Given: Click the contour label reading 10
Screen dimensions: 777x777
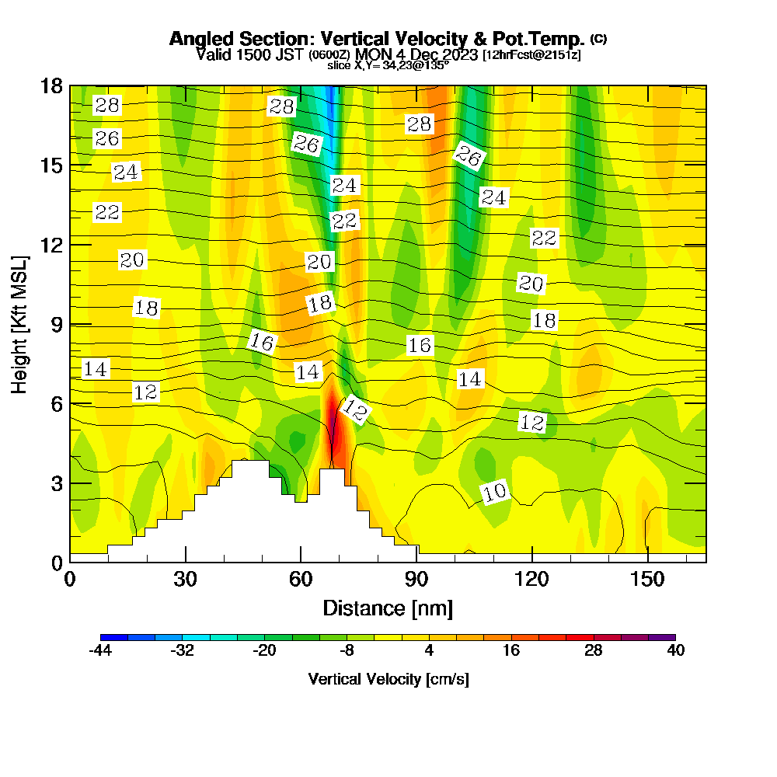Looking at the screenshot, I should (x=495, y=492).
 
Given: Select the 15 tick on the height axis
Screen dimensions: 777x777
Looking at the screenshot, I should (x=52, y=166).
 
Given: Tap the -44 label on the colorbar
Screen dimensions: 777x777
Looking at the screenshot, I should (x=101, y=651).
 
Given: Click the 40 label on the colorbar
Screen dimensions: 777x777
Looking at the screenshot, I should (x=674, y=651).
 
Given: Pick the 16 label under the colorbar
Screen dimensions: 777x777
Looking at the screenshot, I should (x=510, y=651).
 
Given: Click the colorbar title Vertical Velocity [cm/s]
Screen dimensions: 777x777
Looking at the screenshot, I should (x=388, y=679).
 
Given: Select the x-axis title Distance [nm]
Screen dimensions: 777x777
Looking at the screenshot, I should (x=388, y=608).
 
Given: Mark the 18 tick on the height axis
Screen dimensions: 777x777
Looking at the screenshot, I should (x=52, y=86).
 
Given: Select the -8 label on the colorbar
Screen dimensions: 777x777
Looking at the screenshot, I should (x=347, y=651).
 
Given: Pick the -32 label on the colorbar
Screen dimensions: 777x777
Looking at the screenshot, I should (x=183, y=651).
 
